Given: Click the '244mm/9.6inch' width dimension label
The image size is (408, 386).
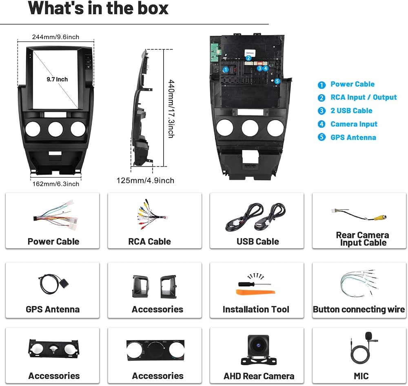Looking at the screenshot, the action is [55, 37].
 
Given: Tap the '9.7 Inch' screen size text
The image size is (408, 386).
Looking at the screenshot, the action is [57, 79].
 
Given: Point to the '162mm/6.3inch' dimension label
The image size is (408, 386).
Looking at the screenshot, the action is [55, 184].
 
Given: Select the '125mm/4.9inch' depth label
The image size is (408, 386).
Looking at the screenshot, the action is [145, 181].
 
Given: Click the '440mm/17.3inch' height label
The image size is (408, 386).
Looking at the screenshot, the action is [171, 109].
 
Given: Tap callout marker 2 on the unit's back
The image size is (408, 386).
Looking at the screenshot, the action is [248, 58].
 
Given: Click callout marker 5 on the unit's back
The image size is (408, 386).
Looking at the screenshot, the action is [277, 81].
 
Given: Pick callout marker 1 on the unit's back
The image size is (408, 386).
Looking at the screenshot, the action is [226, 70].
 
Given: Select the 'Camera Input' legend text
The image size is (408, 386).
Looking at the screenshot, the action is [354, 124].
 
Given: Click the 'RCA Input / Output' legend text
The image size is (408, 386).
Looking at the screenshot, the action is [364, 97].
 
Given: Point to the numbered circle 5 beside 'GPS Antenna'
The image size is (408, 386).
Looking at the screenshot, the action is [322, 137].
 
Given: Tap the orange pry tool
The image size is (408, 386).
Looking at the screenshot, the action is [255, 292].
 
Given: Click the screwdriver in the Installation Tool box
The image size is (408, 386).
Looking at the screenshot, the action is [254, 284].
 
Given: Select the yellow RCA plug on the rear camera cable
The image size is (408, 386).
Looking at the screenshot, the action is [380, 217].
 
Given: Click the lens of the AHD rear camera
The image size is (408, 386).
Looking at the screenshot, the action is [258, 346].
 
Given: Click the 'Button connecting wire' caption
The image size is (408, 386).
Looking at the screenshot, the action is [359, 309].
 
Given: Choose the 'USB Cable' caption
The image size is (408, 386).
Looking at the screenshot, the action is [257, 241].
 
